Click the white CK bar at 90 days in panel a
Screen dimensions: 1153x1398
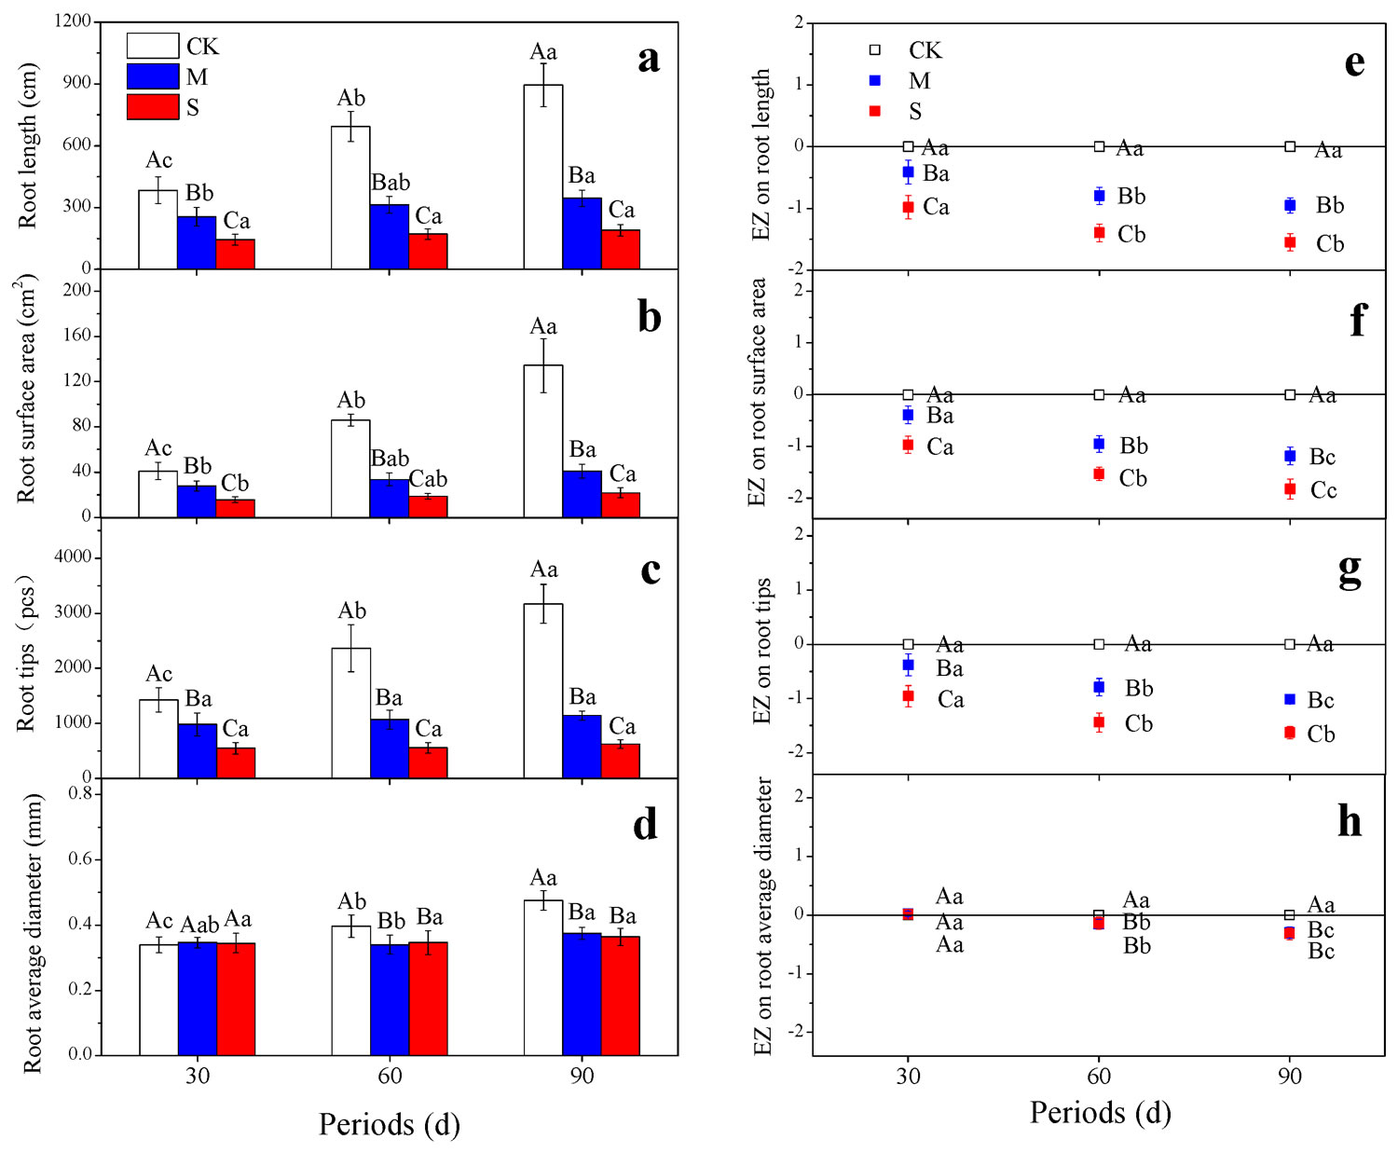click(543, 177)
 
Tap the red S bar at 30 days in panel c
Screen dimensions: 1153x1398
click(236, 762)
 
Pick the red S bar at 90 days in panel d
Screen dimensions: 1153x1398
click(621, 995)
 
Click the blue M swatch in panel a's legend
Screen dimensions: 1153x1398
click(153, 76)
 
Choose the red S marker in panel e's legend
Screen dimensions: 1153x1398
click(874, 111)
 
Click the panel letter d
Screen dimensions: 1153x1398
click(645, 824)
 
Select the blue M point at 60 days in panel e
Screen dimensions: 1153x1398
click(1100, 196)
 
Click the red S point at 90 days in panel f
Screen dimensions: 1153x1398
click(1290, 488)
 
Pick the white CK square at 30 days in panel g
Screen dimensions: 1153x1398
click(908, 644)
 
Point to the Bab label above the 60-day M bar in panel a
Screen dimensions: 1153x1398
click(391, 183)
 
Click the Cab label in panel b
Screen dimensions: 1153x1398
click(428, 479)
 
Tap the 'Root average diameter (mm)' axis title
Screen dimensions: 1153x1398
click(34, 933)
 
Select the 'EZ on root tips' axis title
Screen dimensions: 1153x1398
click(763, 651)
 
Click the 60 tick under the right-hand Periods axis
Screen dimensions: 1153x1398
click(1099, 1077)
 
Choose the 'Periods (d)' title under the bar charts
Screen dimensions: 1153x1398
click(390, 1124)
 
